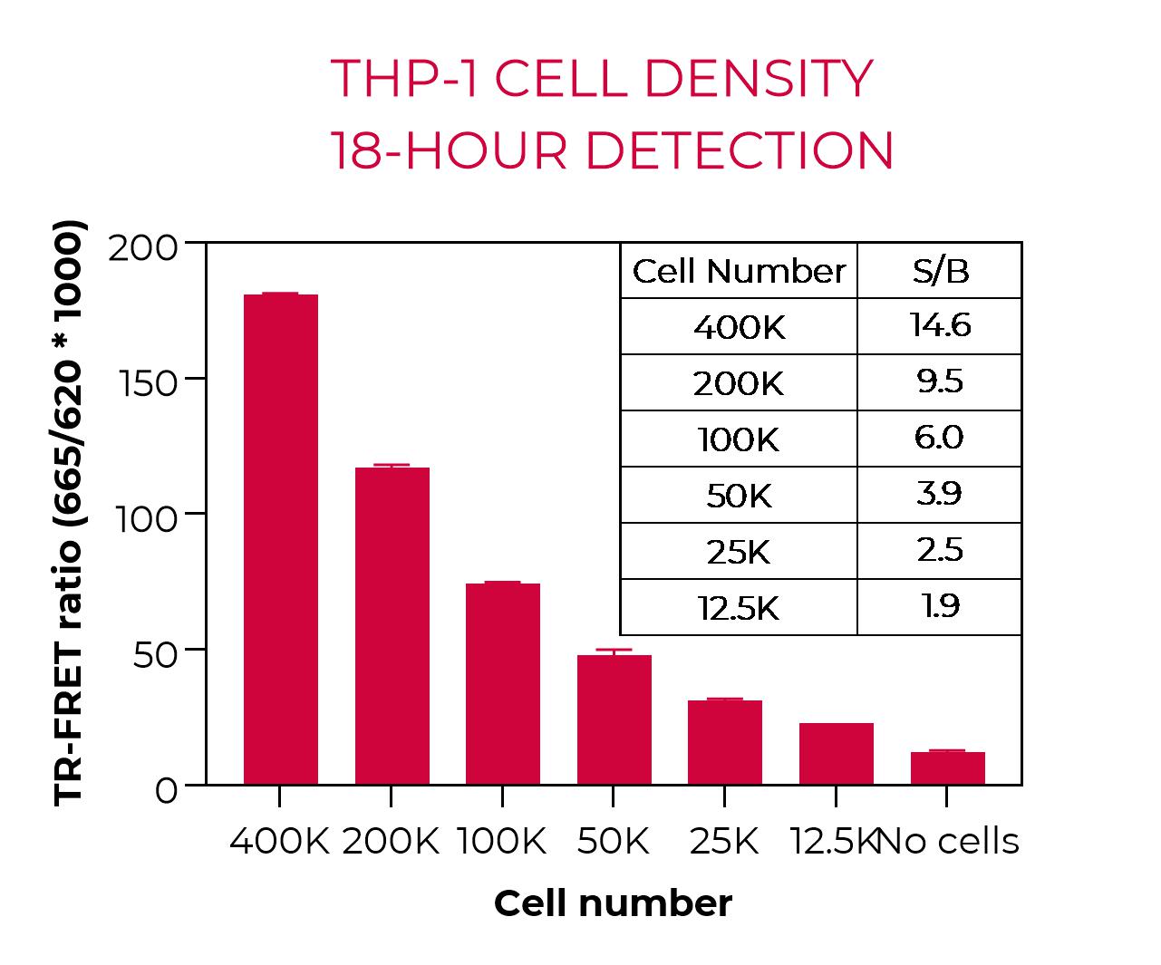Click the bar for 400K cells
pyautogui.click(x=281, y=539)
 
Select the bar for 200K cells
pyautogui.click(x=392, y=625)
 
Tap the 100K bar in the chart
pyautogui.click(x=502, y=683)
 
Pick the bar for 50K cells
pyautogui.click(x=614, y=719)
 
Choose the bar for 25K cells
pyautogui.click(x=724, y=742)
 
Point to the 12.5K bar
pyautogui.click(x=836, y=753)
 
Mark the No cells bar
pyautogui.click(x=947, y=767)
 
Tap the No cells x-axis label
pyautogui.click(x=950, y=842)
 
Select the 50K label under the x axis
pyautogui.click(x=614, y=842)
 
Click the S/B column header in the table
pyautogui.click(x=940, y=271)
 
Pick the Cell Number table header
pyautogui.click(x=739, y=271)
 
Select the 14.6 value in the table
pyautogui.click(x=940, y=325)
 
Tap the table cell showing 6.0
pyautogui.click(x=939, y=438)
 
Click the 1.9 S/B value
pyautogui.click(x=940, y=606)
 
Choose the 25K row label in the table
pyautogui.click(x=739, y=551)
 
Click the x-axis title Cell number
pyautogui.click(x=613, y=903)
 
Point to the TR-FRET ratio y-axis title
pyautogui.click(x=69, y=512)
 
